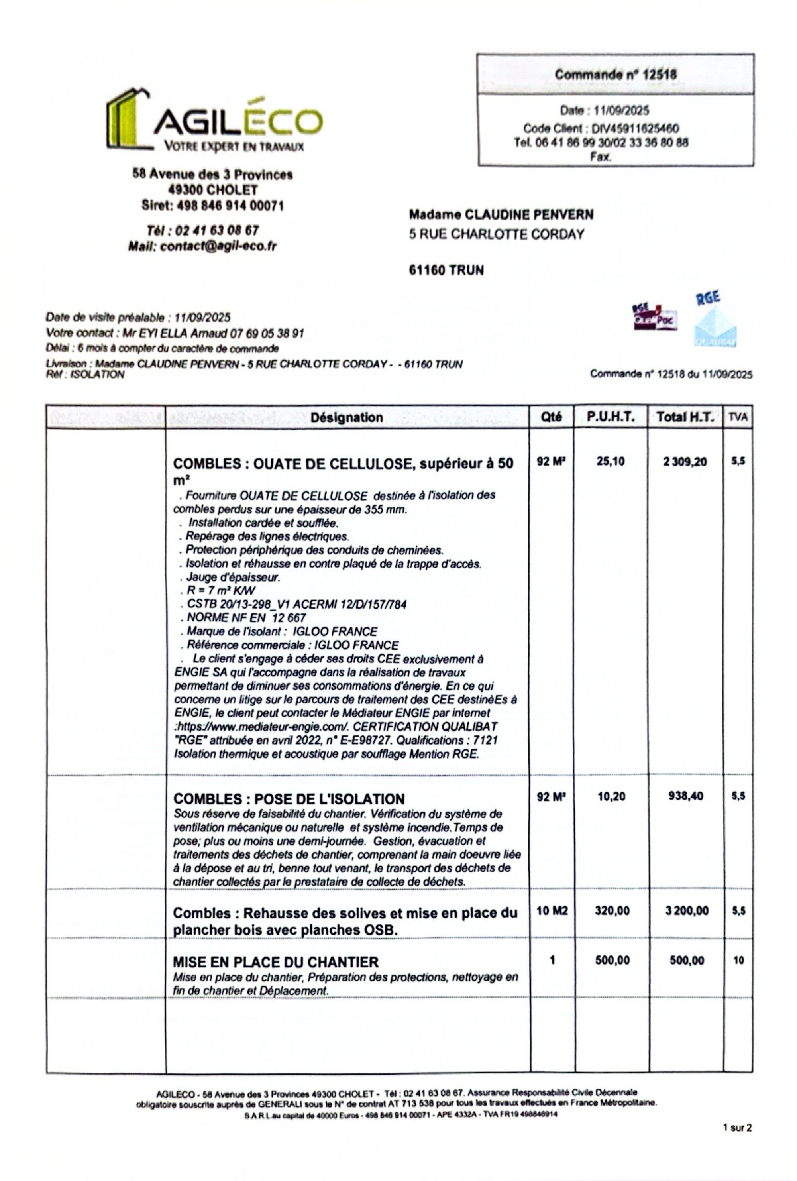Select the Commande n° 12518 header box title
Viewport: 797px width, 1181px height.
click(x=615, y=75)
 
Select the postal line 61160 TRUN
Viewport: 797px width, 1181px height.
click(x=446, y=270)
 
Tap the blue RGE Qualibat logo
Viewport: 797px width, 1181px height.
click(x=715, y=320)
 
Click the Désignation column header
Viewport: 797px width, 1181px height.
click(x=346, y=417)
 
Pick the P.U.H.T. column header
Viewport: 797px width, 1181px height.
click(x=611, y=417)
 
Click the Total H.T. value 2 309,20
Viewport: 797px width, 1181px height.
click(x=685, y=462)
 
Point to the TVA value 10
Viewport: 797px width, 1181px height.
click(x=738, y=960)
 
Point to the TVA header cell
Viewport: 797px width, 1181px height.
click(x=738, y=417)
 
